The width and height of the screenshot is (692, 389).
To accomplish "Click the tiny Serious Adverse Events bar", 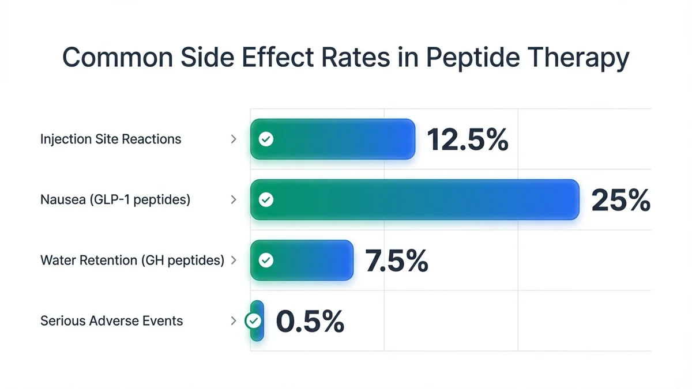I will [258, 320].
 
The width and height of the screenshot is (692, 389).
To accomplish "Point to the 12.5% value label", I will [468, 139].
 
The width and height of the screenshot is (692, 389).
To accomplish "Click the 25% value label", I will [620, 200].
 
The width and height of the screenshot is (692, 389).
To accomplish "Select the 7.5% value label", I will [397, 260].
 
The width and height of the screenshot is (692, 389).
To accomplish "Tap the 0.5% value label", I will [310, 321].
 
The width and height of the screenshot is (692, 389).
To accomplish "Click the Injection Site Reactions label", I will [111, 139].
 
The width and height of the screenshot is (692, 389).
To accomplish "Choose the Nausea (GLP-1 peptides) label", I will [115, 199].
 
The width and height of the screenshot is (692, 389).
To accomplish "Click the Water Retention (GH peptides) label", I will [132, 260].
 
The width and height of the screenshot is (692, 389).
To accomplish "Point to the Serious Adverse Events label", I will [111, 320].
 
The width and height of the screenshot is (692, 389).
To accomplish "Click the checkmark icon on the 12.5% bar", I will [266, 139].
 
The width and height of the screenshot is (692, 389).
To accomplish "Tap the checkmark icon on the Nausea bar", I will [266, 199].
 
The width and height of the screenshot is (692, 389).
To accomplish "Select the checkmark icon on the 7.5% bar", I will [266, 260].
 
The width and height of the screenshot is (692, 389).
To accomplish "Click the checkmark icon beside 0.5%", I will [253, 320].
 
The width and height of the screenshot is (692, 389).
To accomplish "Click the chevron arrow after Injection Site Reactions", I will [234, 139].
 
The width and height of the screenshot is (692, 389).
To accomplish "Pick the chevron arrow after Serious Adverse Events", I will [234, 320].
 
